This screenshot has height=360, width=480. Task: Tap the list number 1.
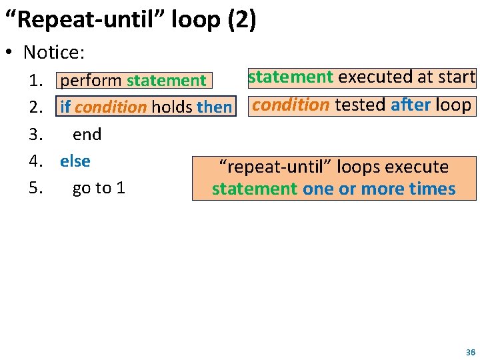[36, 81]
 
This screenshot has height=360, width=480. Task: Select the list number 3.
[36, 135]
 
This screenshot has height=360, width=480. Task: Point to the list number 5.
[36, 188]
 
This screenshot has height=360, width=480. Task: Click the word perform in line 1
[91, 81]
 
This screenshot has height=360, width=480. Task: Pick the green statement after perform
[167, 81]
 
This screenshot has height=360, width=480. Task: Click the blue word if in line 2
[66, 107]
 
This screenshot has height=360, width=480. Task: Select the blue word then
[214, 107]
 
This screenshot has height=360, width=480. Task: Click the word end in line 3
[87, 135]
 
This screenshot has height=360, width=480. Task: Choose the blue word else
[75, 161]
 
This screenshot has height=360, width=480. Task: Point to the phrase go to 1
[99, 188]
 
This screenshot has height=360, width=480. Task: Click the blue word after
[411, 105]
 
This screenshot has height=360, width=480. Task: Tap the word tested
[360, 105]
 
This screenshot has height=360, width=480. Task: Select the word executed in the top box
[375, 77]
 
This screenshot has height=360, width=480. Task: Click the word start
[457, 77]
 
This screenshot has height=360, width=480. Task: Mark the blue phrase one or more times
[379, 189]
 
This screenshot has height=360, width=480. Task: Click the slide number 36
[471, 352]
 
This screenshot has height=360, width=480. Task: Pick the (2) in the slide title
[241, 20]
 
